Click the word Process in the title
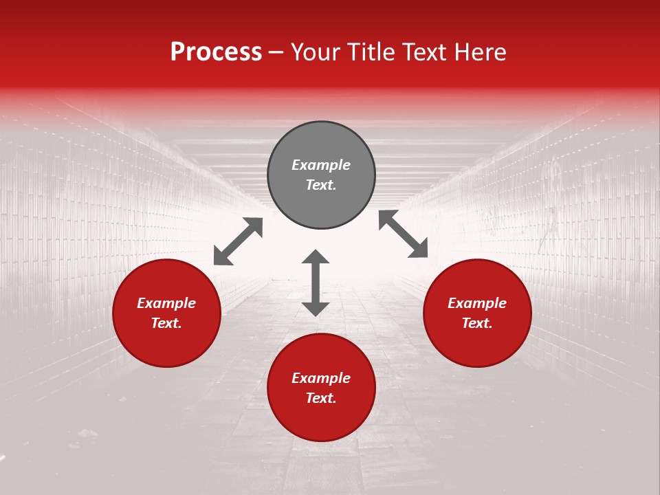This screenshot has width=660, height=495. [x=216, y=52]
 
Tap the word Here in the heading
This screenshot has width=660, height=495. [x=479, y=52]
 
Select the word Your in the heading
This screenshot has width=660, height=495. [x=315, y=52]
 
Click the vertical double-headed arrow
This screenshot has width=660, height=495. [x=316, y=283]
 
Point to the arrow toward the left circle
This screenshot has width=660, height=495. [x=238, y=241]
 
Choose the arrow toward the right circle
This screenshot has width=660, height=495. [x=404, y=234]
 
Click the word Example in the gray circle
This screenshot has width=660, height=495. [x=321, y=165]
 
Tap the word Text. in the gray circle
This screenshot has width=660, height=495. [x=321, y=185]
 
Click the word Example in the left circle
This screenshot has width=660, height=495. [x=166, y=303]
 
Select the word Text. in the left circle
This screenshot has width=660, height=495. [x=166, y=323]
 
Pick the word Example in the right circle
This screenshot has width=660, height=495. [x=477, y=303]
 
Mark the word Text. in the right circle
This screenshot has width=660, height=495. [x=477, y=323]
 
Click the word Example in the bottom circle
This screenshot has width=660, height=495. [x=321, y=378]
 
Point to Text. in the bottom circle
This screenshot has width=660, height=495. [x=321, y=398]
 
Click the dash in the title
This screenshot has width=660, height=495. [x=276, y=53]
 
